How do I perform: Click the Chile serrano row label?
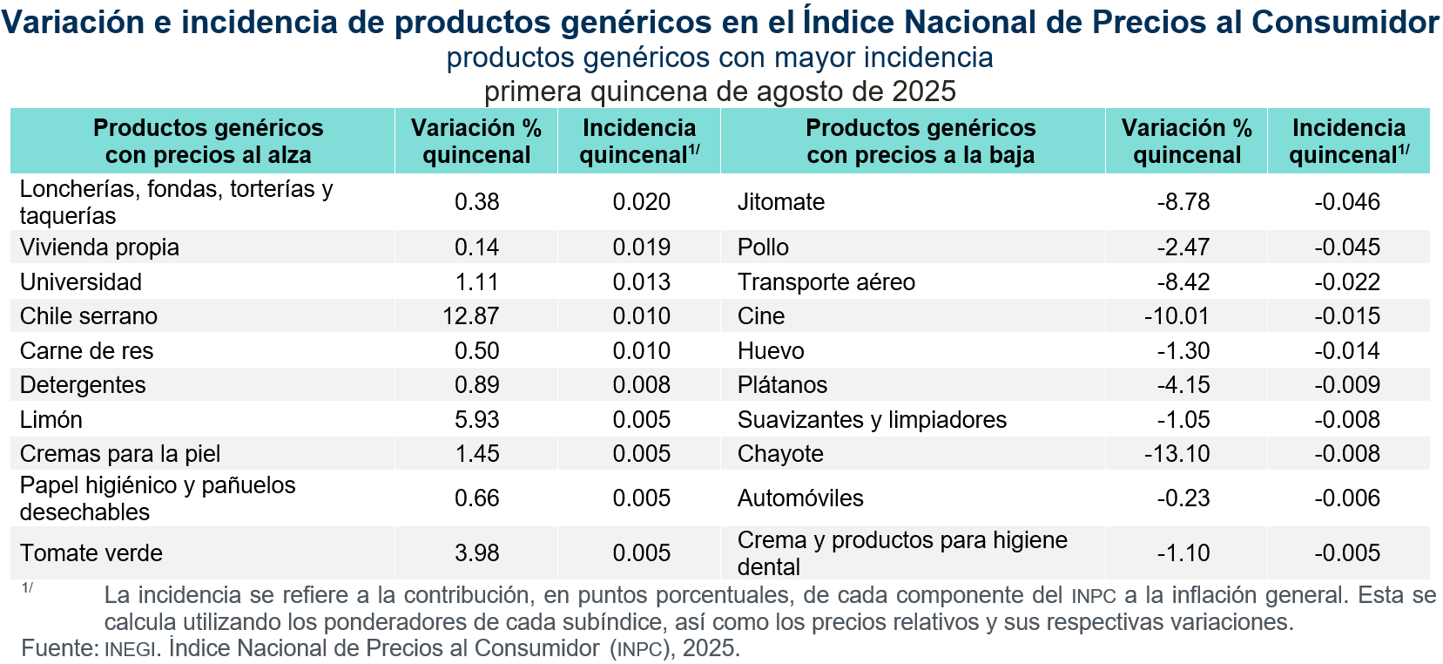(89, 316)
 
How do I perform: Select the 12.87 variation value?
(470, 316)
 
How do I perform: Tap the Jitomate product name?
(780, 202)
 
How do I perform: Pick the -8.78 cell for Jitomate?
(1183, 202)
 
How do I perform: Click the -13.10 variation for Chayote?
(1177, 454)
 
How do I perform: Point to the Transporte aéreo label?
(826, 282)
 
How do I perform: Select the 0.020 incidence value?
(641, 202)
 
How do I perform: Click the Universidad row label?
(81, 282)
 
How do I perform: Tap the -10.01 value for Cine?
(1177, 316)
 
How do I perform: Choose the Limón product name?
(51, 420)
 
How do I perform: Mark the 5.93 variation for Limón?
(476, 420)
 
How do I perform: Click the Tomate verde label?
(91, 553)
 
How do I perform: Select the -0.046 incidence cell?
(1347, 202)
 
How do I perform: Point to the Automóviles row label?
(800, 498)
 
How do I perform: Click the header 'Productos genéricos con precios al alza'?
(208, 141)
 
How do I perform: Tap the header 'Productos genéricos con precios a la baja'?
(920, 141)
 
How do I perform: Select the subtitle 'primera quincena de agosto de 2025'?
(720, 91)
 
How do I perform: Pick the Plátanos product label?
(782, 385)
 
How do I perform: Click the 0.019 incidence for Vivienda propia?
(641, 247)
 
